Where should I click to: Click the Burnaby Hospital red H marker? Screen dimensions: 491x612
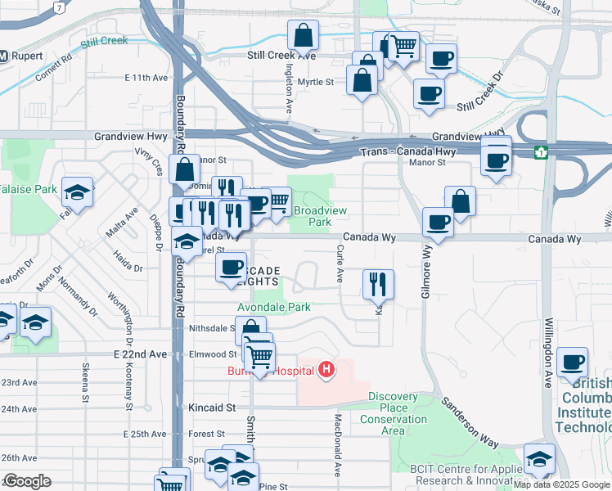click(326, 371)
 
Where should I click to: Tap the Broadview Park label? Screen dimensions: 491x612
click(320, 216)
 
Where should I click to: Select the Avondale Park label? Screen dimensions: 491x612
click(274, 307)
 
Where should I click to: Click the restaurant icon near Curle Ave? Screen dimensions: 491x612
click(378, 284)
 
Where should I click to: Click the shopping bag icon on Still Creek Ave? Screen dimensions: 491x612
click(303, 35)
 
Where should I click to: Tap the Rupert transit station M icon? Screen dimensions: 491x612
click(3, 56)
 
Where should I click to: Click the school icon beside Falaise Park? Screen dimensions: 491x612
click(78, 193)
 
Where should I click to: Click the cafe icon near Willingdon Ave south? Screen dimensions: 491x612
click(572, 361)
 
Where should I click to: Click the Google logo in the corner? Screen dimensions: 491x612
click(28, 481)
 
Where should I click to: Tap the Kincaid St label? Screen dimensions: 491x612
click(214, 407)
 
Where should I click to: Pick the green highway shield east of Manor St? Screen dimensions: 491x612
click(541, 152)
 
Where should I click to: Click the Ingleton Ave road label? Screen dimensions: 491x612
click(289, 91)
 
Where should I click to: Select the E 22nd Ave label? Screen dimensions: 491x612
click(140, 354)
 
